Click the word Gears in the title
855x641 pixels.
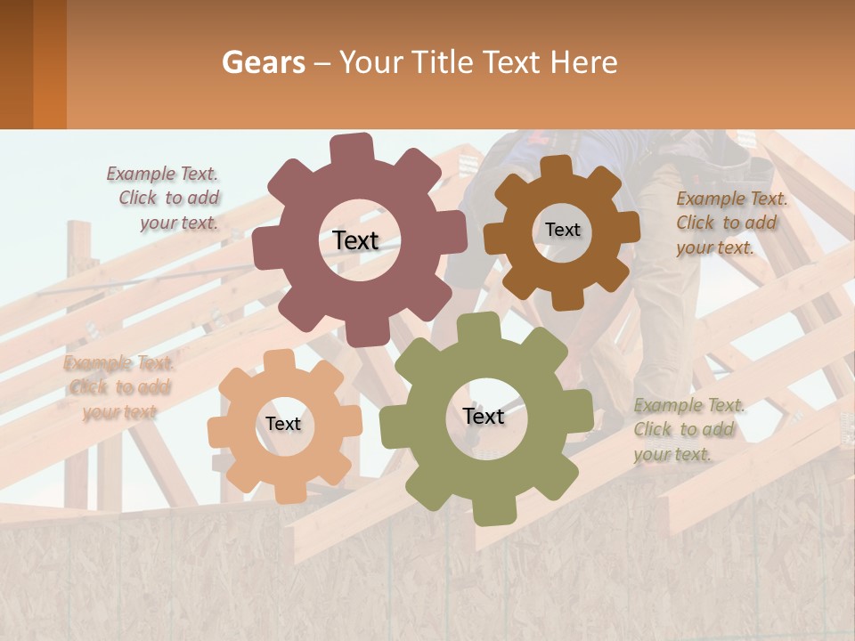click(x=263, y=62)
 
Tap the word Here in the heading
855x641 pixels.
click(x=583, y=62)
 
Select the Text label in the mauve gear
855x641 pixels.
click(x=355, y=240)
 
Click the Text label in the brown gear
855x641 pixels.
click(x=562, y=230)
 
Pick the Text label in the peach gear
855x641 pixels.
click(x=283, y=424)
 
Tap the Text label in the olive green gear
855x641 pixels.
click(x=484, y=416)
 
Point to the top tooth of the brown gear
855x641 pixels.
click(x=557, y=166)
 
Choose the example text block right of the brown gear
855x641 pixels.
click(x=730, y=223)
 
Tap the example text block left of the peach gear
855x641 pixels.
click(x=118, y=387)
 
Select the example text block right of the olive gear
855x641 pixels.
click(x=688, y=430)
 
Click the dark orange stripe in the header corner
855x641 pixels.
click(x=49, y=64)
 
